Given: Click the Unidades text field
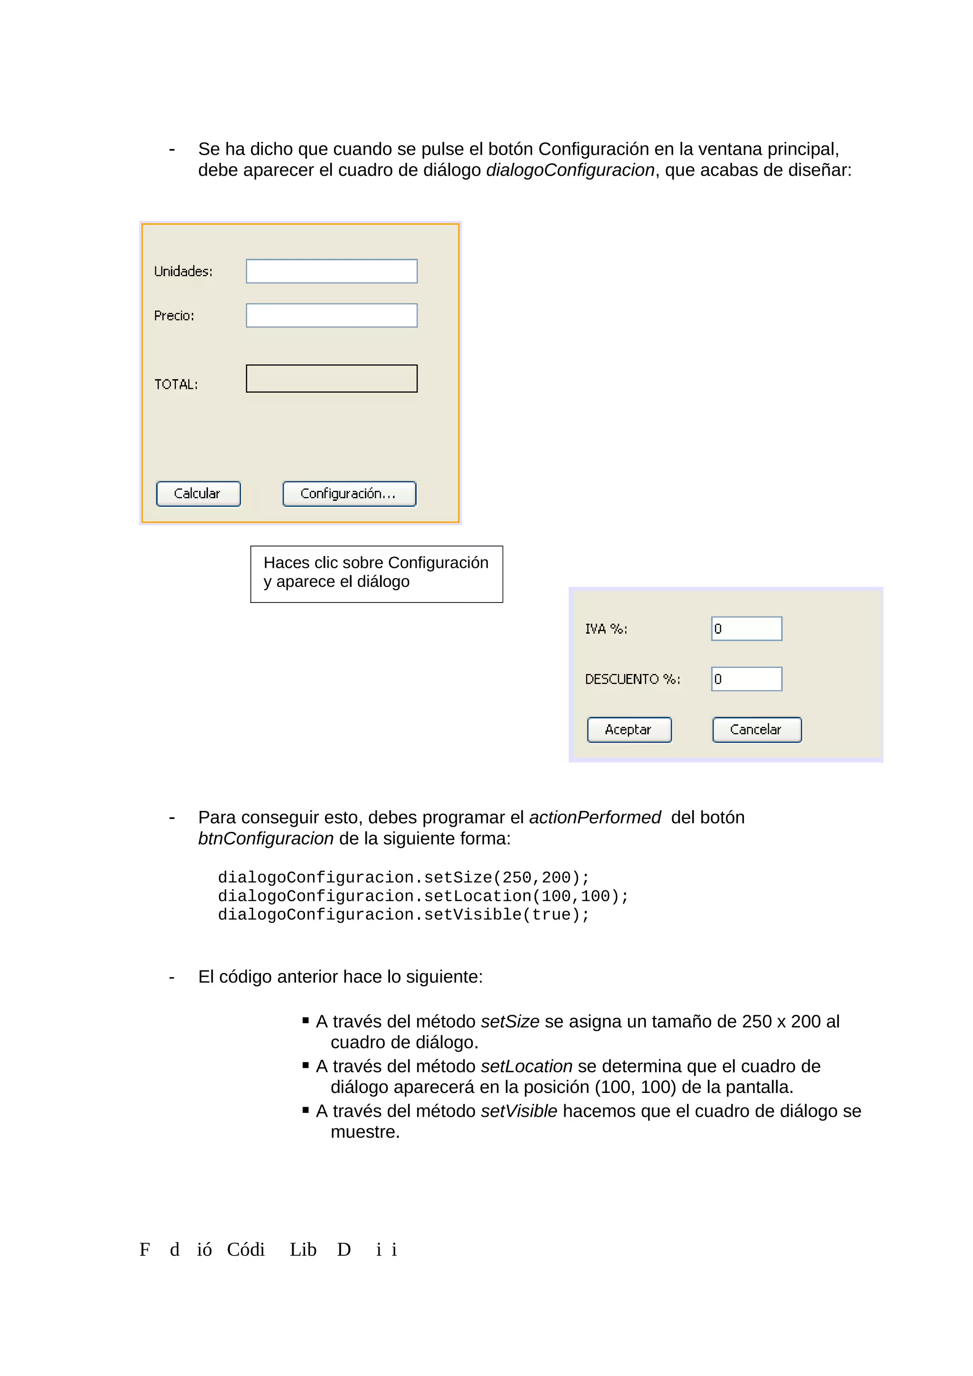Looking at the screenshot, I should tap(331, 271).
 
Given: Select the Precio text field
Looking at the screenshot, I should tap(331, 315).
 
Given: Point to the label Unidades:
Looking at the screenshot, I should tap(183, 272).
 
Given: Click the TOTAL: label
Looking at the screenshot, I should tap(176, 384).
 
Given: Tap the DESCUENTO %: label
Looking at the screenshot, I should tap(632, 679).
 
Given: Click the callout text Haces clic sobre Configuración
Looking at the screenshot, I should tap(376, 563).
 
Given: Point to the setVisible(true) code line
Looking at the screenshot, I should tap(403, 914).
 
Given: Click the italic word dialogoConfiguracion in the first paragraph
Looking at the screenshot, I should tap(570, 170).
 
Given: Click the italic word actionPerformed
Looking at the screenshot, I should tap(594, 818).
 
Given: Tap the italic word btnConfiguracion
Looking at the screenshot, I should tap(266, 839).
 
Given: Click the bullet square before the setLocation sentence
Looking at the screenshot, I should tap(306, 1065).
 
